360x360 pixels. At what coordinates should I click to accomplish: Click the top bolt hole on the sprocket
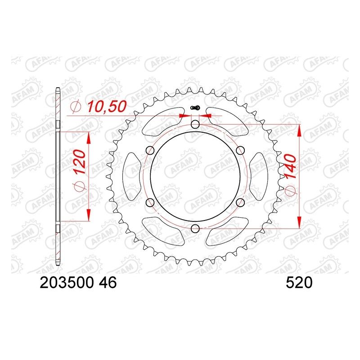tap(195, 124)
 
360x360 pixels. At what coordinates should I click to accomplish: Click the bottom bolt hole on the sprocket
tap(195, 229)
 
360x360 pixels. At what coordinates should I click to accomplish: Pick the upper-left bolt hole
tap(149, 150)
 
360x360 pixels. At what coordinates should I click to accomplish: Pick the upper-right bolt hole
tap(240, 150)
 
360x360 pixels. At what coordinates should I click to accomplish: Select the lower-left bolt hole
tap(149, 202)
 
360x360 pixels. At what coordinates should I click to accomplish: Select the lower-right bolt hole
tap(240, 202)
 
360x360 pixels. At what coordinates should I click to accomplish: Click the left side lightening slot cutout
tap(132, 176)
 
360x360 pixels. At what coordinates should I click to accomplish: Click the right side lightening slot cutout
tap(258, 176)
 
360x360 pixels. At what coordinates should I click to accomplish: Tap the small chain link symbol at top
tap(195, 108)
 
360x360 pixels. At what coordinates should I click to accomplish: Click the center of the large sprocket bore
tap(195, 176)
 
